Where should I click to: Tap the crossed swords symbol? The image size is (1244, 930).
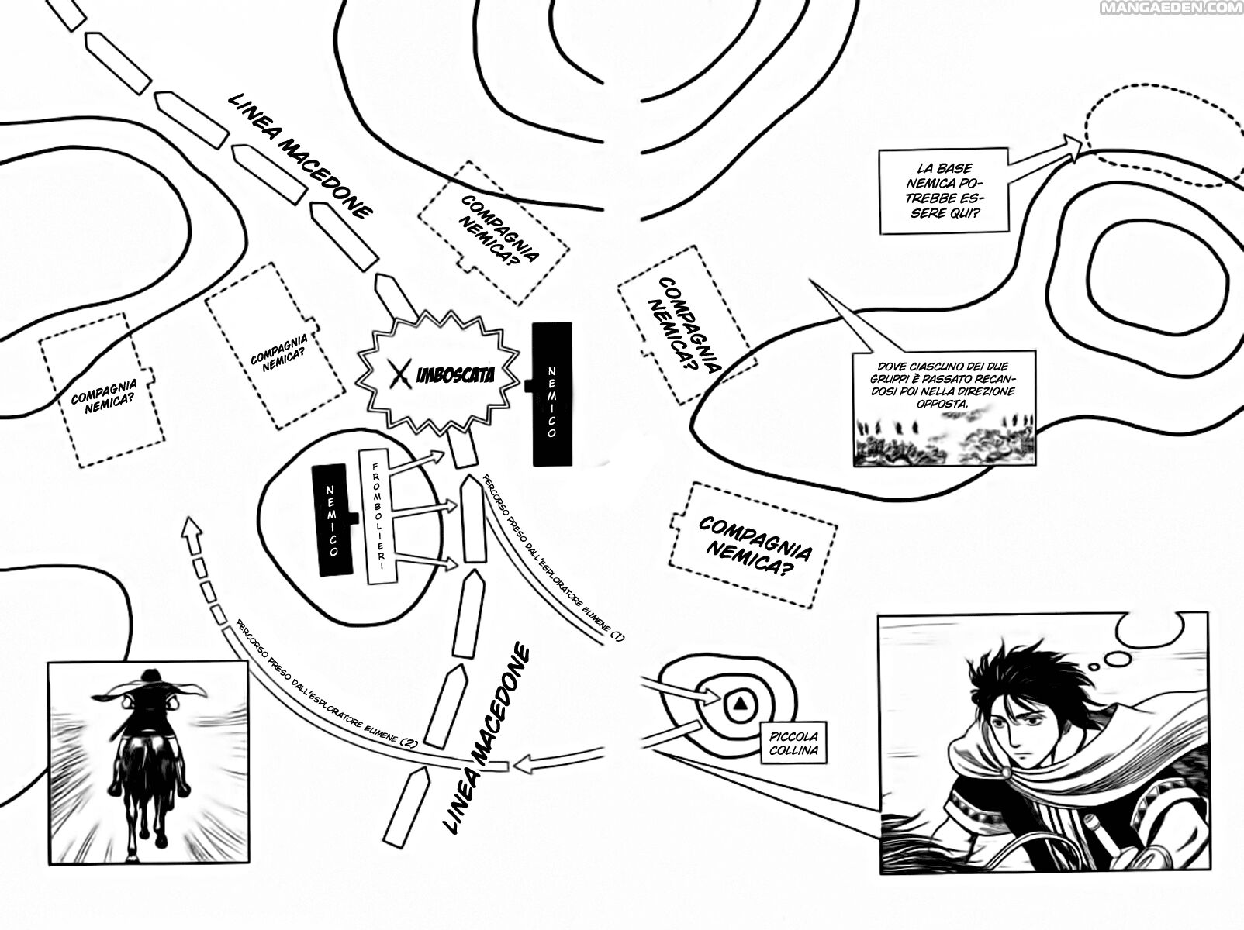coord(401,375)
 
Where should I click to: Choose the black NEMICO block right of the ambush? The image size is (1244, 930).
coord(552,394)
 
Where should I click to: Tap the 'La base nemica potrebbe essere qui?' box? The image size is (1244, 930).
coord(944,191)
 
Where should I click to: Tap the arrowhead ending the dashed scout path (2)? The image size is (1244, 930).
coord(191,530)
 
